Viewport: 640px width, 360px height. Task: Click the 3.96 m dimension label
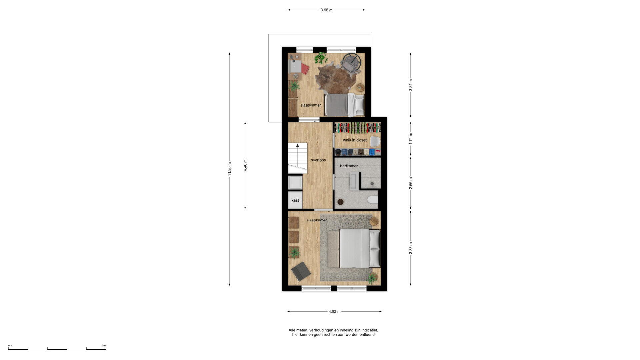coord(326,10)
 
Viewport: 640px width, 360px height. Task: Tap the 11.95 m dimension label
coord(229,169)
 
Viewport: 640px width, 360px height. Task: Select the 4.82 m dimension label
coord(334,312)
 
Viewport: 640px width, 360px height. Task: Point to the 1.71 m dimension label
coord(411,138)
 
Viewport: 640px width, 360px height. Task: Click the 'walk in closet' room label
coord(355,140)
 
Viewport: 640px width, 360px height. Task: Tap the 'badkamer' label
coord(349,166)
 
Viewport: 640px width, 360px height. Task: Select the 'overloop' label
coord(318,160)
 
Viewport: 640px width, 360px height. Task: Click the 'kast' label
coord(295,200)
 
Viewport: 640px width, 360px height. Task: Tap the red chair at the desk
coord(305,69)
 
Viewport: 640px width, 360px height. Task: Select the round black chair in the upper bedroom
coord(352,62)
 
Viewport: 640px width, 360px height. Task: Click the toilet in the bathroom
coord(373,200)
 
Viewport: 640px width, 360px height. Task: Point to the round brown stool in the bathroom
coord(340,202)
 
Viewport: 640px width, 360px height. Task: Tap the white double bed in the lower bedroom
coord(360,248)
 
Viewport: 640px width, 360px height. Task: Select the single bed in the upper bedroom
coord(344,105)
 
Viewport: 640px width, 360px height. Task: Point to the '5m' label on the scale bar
coord(104,346)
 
